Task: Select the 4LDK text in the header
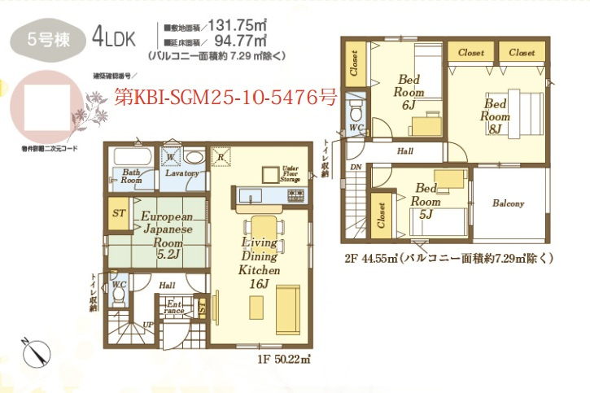(x=115, y=37)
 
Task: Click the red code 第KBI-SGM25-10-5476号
(x=225, y=97)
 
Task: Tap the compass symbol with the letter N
(x=34, y=352)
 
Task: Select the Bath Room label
(x=132, y=177)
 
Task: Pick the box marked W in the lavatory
(x=171, y=155)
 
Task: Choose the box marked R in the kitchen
(x=221, y=156)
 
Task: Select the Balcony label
(x=508, y=203)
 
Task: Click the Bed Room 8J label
(x=495, y=116)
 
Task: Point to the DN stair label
(x=355, y=166)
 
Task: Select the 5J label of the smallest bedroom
(x=425, y=215)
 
